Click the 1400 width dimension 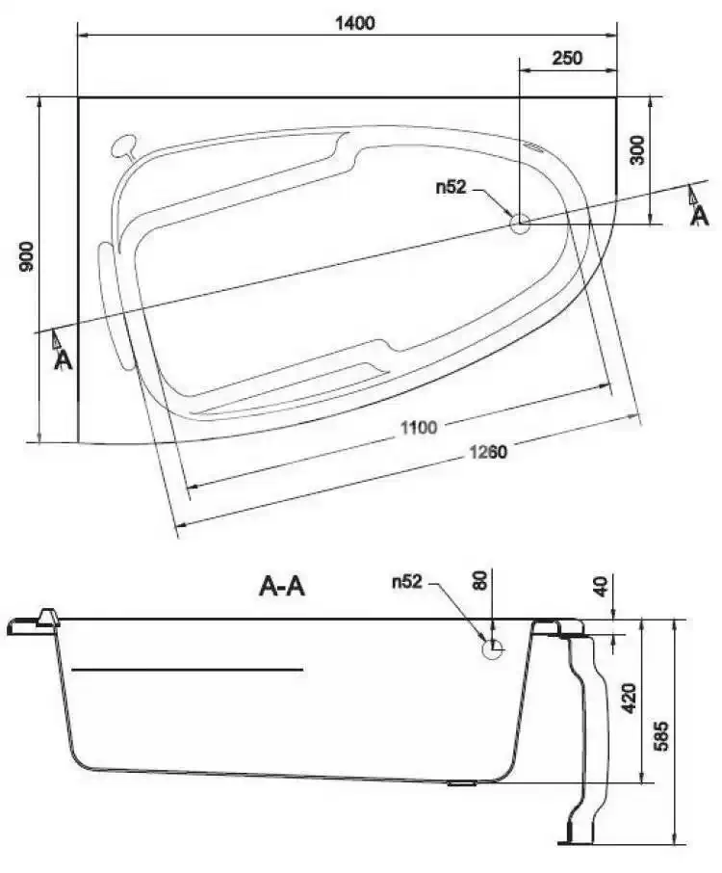coord(355,23)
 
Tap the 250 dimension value coord(567,58)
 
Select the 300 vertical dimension coord(637,149)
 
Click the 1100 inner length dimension coord(419,428)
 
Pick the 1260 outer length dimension coord(488,452)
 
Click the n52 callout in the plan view coord(451,187)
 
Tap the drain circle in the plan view coord(520,224)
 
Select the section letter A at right coord(699,216)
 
